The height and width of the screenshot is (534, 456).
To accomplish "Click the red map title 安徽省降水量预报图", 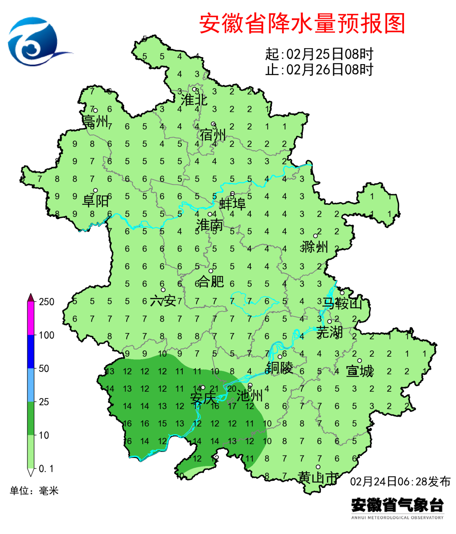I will pyautogui.click(x=302, y=23).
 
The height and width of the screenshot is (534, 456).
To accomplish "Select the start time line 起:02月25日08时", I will pyautogui.click(x=319, y=54).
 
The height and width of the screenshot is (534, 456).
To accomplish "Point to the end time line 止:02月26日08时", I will pyautogui.click(x=319, y=69).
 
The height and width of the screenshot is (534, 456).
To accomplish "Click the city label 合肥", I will pyautogui.click(x=211, y=281).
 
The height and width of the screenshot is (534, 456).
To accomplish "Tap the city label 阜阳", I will pyautogui.click(x=95, y=201).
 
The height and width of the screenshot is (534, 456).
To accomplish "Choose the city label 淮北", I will pyautogui.click(x=194, y=100).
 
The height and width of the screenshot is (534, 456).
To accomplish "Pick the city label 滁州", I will pyautogui.click(x=315, y=247).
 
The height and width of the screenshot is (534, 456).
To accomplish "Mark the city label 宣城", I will pyautogui.click(x=360, y=371).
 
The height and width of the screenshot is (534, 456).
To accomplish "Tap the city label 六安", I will pyautogui.click(x=163, y=301).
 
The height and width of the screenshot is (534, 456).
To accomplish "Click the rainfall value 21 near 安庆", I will pyautogui.click(x=214, y=389).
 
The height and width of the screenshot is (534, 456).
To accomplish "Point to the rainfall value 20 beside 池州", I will pyautogui.click(x=232, y=389).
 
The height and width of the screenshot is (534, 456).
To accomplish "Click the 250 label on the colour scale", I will pyautogui.click(x=46, y=301).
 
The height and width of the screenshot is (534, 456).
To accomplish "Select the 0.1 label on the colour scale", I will pyautogui.click(x=46, y=469).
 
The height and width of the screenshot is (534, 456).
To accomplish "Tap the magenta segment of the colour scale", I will pyautogui.click(x=30, y=319).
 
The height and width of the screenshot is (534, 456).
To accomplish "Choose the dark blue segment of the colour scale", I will pyautogui.click(x=30, y=352).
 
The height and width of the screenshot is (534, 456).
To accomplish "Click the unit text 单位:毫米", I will pyautogui.click(x=34, y=491).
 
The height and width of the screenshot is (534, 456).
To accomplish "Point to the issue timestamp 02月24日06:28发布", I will pyautogui.click(x=400, y=481).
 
